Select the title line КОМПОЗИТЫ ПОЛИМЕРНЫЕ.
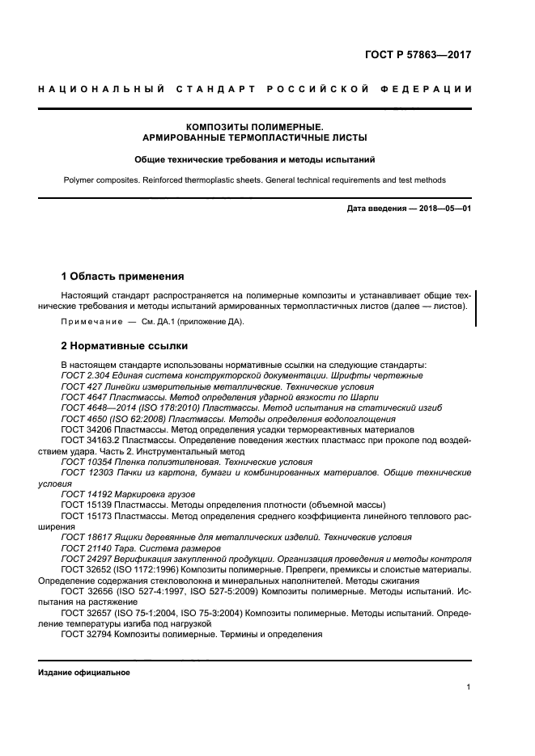(254, 127)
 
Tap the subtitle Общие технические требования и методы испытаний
(254, 160)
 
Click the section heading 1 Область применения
(122, 276)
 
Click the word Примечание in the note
(90, 322)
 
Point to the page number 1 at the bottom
(469, 687)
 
